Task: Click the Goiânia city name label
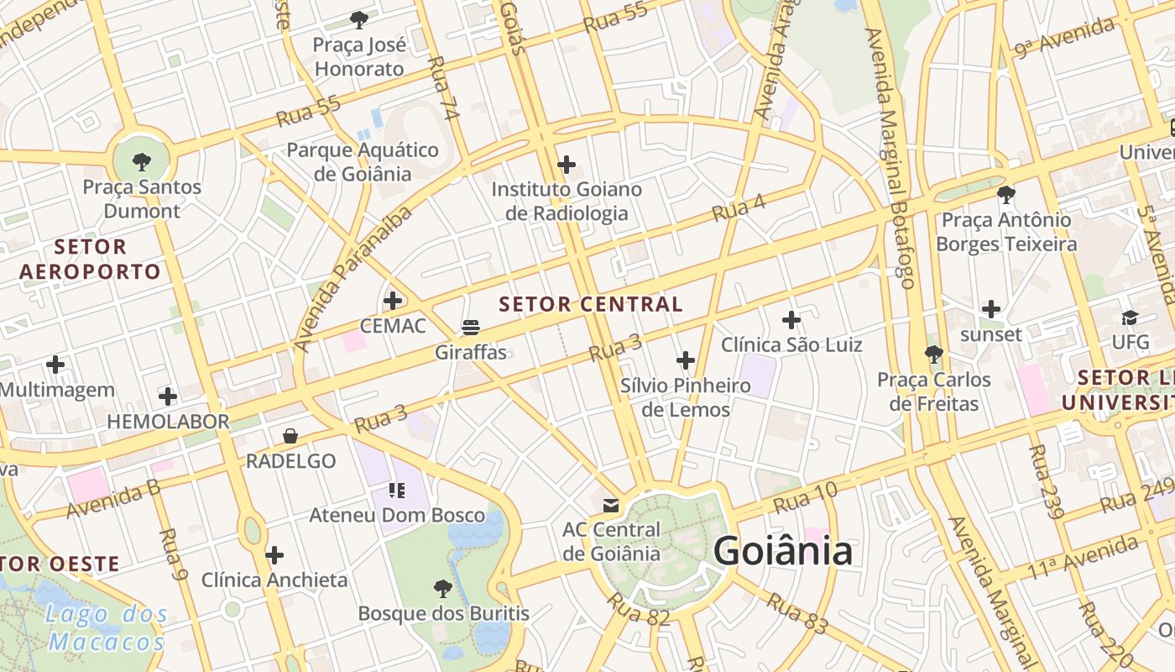[x=783, y=552]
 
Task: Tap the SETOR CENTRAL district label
[x=592, y=304]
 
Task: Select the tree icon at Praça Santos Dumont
[x=142, y=160]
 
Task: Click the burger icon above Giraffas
[x=471, y=327]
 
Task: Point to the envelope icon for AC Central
[x=611, y=505]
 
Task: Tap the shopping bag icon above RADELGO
[x=290, y=435]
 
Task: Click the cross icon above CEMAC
[x=392, y=300]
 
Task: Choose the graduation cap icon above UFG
[x=1130, y=318]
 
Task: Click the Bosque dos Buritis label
[x=444, y=613]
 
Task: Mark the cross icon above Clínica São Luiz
[x=791, y=319]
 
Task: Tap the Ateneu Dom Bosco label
[x=398, y=515]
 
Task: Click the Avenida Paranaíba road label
[x=353, y=279]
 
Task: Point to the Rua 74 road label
[x=441, y=88]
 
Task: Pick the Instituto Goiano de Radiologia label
[x=567, y=201]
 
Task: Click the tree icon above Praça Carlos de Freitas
[x=933, y=354]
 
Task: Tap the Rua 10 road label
[x=805, y=497]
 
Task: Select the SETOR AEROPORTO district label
[x=90, y=259]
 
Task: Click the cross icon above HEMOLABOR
[x=168, y=396]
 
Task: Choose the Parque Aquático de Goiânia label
[x=363, y=161]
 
